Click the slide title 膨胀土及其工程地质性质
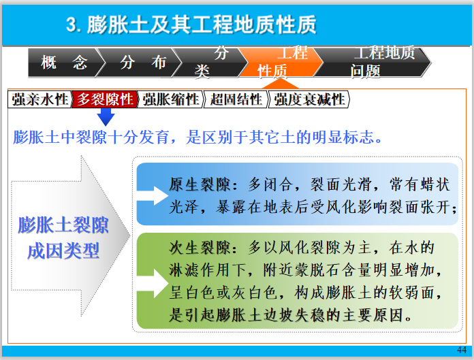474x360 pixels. pyautogui.click(x=191, y=26)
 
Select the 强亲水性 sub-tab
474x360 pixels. pyautogui.click(x=40, y=99)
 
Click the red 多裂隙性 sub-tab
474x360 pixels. pyautogui.click(x=105, y=99)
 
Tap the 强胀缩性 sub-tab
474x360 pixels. pyautogui.click(x=170, y=99)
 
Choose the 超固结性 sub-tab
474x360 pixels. pyautogui.click(x=236, y=99)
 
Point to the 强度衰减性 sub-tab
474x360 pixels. pyautogui.click(x=310, y=99)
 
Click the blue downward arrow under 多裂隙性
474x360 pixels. pyautogui.click(x=106, y=116)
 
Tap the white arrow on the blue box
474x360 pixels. pyautogui.click(x=159, y=196)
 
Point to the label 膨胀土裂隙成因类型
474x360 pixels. pyautogui.click(x=63, y=238)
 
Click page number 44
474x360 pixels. pyautogui.click(x=462, y=349)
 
